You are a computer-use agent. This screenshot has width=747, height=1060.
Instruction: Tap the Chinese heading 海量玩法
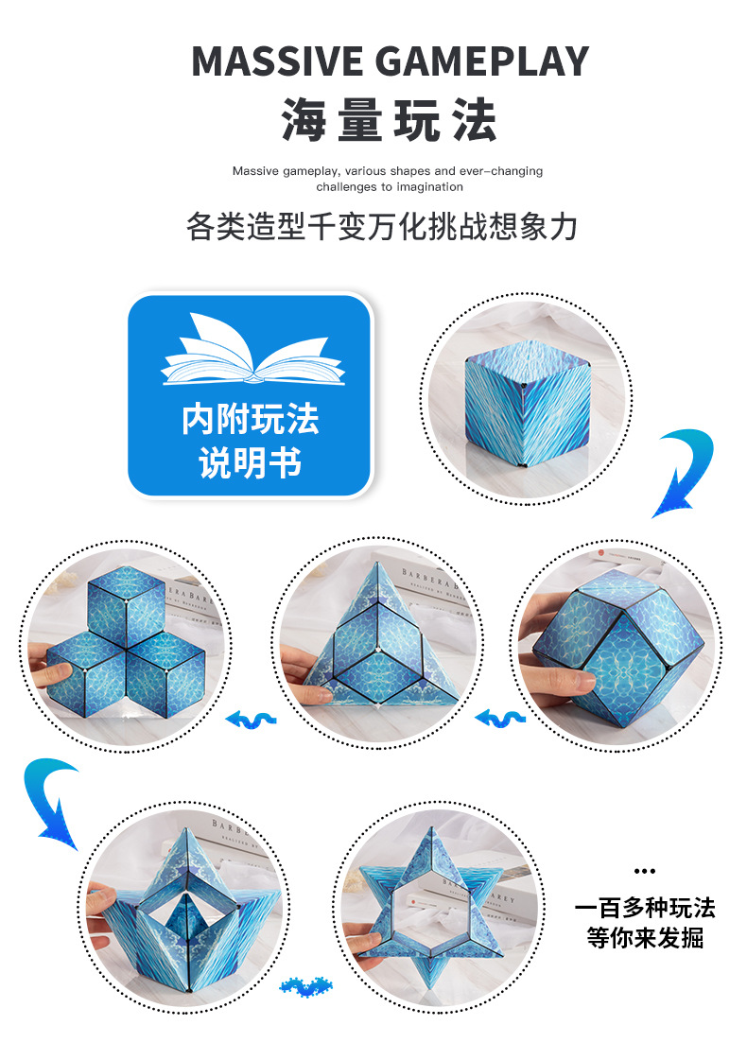(x=389, y=120)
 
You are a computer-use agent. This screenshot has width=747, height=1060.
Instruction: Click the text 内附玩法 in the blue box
(x=250, y=420)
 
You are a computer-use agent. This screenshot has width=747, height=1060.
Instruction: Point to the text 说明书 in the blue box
(x=250, y=463)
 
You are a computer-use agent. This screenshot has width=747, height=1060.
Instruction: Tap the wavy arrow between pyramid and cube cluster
(x=253, y=721)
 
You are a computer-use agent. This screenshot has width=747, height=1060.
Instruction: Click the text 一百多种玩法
(x=645, y=909)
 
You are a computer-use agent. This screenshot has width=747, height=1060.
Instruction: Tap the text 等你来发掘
(x=645, y=939)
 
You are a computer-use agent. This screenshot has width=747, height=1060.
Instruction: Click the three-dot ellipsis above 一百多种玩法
(x=644, y=871)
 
